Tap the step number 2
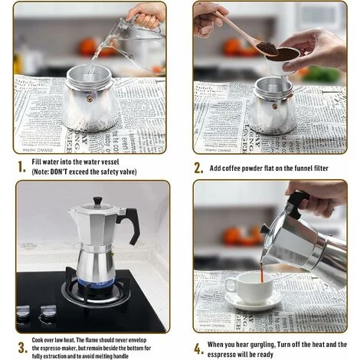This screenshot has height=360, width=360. coord(198,167)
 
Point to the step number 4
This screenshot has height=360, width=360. coord(198,349)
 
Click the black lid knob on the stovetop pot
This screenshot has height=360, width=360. coord(97,201)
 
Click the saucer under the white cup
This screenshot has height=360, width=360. coord(253,302)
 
